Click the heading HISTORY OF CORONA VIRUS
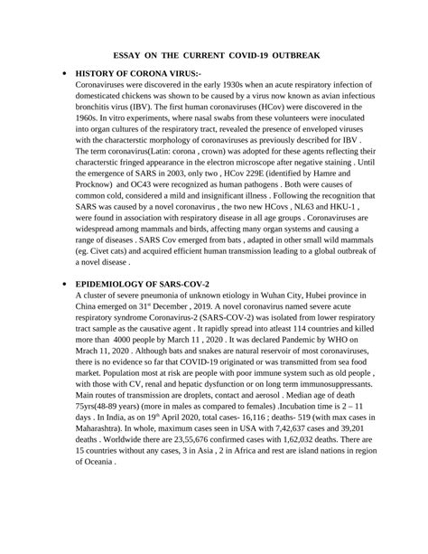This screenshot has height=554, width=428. pyautogui.click(x=132, y=71)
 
